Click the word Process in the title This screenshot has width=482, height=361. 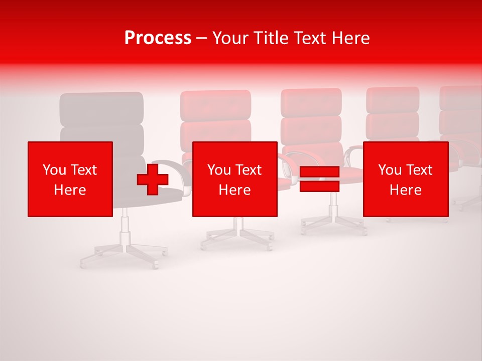point(158,38)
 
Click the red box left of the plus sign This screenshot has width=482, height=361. point(70,179)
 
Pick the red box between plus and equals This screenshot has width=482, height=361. point(234,179)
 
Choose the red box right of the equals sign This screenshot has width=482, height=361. point(405,179)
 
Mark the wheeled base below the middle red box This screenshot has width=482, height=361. point(236,235)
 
